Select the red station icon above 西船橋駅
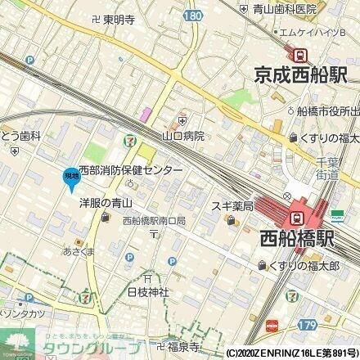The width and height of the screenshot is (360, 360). coord(297,218)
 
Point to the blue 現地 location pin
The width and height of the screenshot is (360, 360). coord(70,176)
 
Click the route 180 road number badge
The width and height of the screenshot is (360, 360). coord(191,16)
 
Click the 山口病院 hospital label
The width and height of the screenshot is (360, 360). coord(183,136)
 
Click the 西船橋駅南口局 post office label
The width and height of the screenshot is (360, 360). coord(155,221)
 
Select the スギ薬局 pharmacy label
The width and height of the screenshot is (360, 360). coord(233,206)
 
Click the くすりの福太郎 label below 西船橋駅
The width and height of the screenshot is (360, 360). coord(309,266)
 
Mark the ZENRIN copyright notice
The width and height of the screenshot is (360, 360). coord(290,353)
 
